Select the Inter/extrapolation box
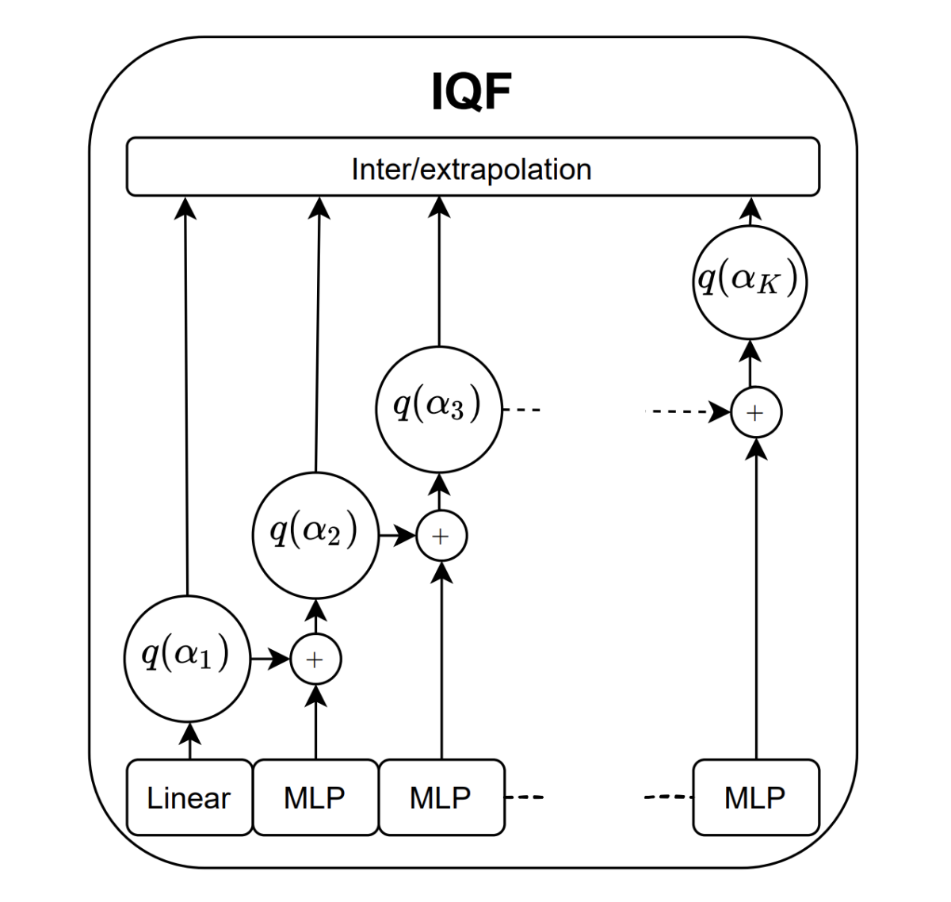pos(472,167)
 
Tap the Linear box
pos(189,797)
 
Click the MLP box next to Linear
pos(315,797)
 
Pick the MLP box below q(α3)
pos(441,797)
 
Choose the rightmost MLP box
pos(755,797)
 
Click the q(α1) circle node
pos(187,658)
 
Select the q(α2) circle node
pos(315,534)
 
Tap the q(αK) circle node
pos(750,282)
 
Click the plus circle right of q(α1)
pos(315,659)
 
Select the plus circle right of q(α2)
pos(441,537)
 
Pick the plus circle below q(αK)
pos(755,413)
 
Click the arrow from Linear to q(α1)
pos(189,740)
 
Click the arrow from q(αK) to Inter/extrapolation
pos(750,212)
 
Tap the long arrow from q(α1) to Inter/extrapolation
pos(186,396)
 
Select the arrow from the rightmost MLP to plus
pos(757,594)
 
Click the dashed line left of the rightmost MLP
pos(668,797)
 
